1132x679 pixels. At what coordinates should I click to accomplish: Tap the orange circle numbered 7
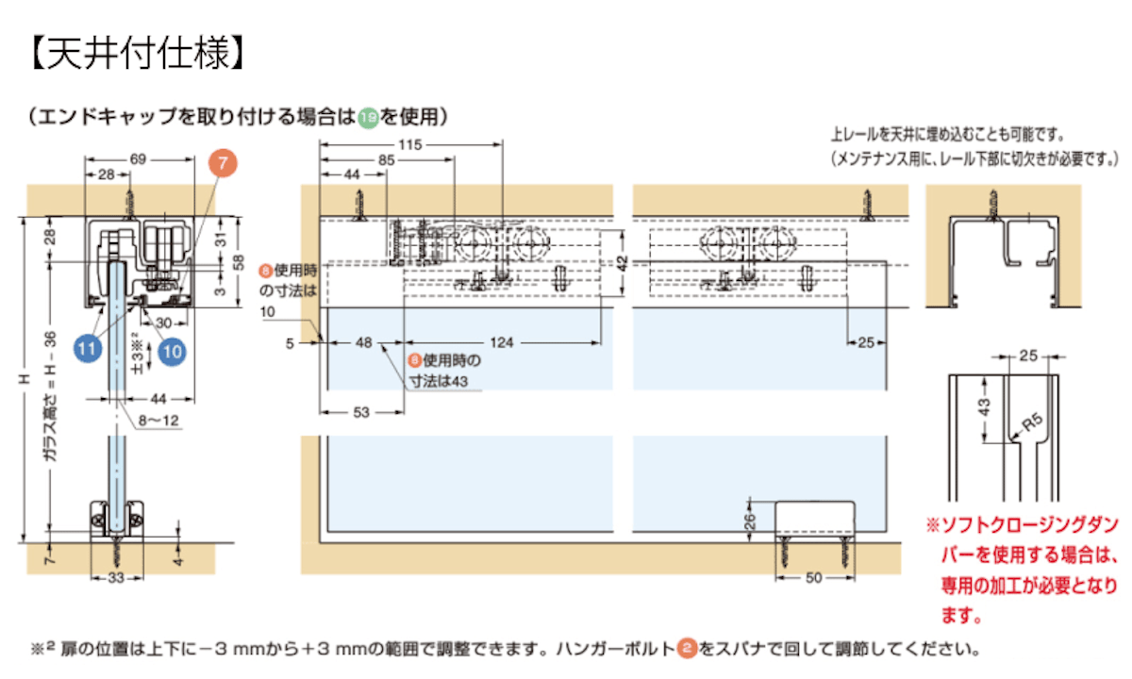223,163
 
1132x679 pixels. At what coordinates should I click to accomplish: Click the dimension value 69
138,160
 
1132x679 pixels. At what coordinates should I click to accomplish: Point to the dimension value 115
408,144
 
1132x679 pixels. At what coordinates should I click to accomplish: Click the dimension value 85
387,160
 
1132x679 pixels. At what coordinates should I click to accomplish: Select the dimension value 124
502,343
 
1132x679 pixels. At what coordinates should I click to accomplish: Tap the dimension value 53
361,412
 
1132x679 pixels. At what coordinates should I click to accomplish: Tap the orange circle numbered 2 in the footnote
687,649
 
